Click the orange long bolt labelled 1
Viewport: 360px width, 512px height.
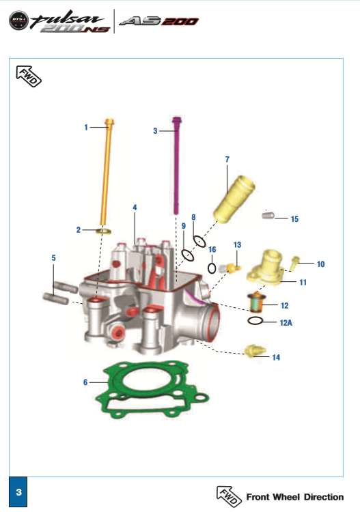[107, 171]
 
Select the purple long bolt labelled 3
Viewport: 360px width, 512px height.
[176, 165]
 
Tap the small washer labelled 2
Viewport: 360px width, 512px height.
[104, 231]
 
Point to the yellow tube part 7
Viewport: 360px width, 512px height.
[234, 199]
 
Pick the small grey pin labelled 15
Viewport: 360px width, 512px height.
[268, 216]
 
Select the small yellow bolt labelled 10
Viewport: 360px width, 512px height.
[294, 264]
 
